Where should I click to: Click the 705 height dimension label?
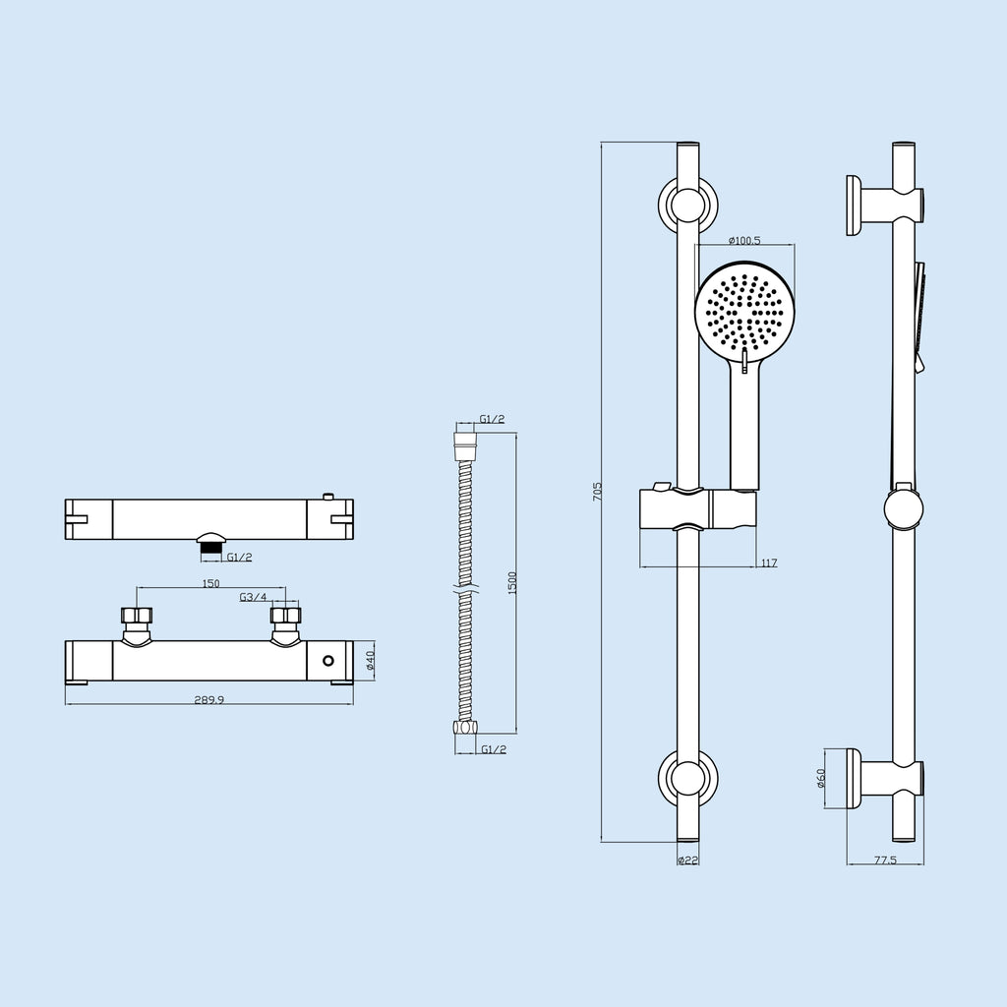pyautogui.click(x=597, y=492)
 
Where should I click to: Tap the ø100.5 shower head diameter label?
pyautogui.click(x=744, y=241)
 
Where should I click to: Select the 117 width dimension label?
pyautogui.click(x=769, y=563)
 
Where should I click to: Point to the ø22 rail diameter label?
pyautogui.click(x=687, y=860)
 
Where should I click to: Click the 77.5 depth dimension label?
pyautogui.click(x=885, y=860)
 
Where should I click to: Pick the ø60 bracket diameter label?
pyautogui.click(x=820, y=779)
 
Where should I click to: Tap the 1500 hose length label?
pyautogui.click(x=511, y=583)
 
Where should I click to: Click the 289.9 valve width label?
pyautogui.click(x=209, y=700)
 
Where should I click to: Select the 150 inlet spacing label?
pyautogui.click(x=210, y=584)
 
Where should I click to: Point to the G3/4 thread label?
pyautogui.click(x=253, y=597)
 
